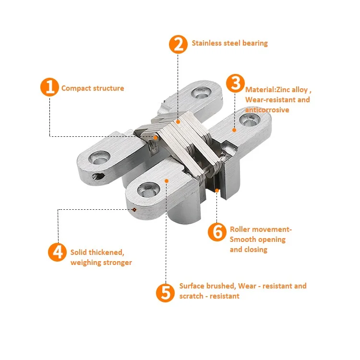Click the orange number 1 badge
pyautogui.click(x=49, y=88)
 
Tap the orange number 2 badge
pyautogui.click(x=178, y=44)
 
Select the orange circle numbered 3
pyautogui.click(x=235, y=83)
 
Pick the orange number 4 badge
pyautogui.click(x=57, y=252)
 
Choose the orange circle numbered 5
pyautogui.click(x=165, y=292)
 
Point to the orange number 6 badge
pyautogui.click(x=217, y=232)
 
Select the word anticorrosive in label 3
pyautogui.click(x=267, y=110)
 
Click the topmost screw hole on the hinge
pyautogui.click(x=198, y=92)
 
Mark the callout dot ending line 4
pyautogui.click(x=134, y=209)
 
